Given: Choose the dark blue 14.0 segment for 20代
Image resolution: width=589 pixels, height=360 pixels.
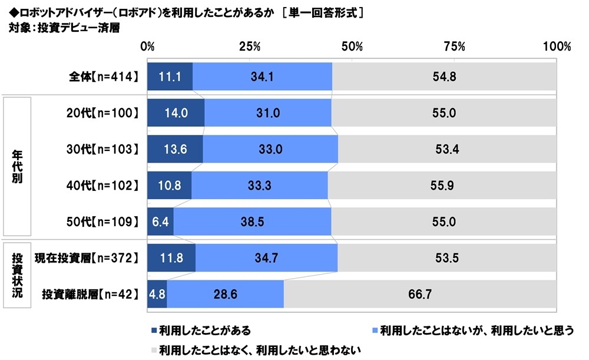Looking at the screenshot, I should point(176,113).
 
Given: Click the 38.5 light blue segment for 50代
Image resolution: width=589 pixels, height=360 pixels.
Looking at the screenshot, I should point(252,222).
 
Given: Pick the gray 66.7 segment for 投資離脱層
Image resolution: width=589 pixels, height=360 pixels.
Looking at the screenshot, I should point(420,294).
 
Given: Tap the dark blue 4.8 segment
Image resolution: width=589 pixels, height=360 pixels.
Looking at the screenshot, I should point(157,294).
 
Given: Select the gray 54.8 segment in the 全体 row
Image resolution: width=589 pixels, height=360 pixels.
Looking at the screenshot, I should point(444,76).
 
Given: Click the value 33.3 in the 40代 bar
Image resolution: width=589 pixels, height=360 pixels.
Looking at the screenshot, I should point(259,185).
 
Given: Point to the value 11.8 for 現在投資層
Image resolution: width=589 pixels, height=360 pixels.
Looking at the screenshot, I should point(171,257).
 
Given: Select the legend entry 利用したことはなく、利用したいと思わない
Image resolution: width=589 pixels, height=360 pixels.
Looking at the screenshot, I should point(260,349).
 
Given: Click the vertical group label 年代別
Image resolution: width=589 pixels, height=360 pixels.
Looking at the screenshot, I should point(17,167).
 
